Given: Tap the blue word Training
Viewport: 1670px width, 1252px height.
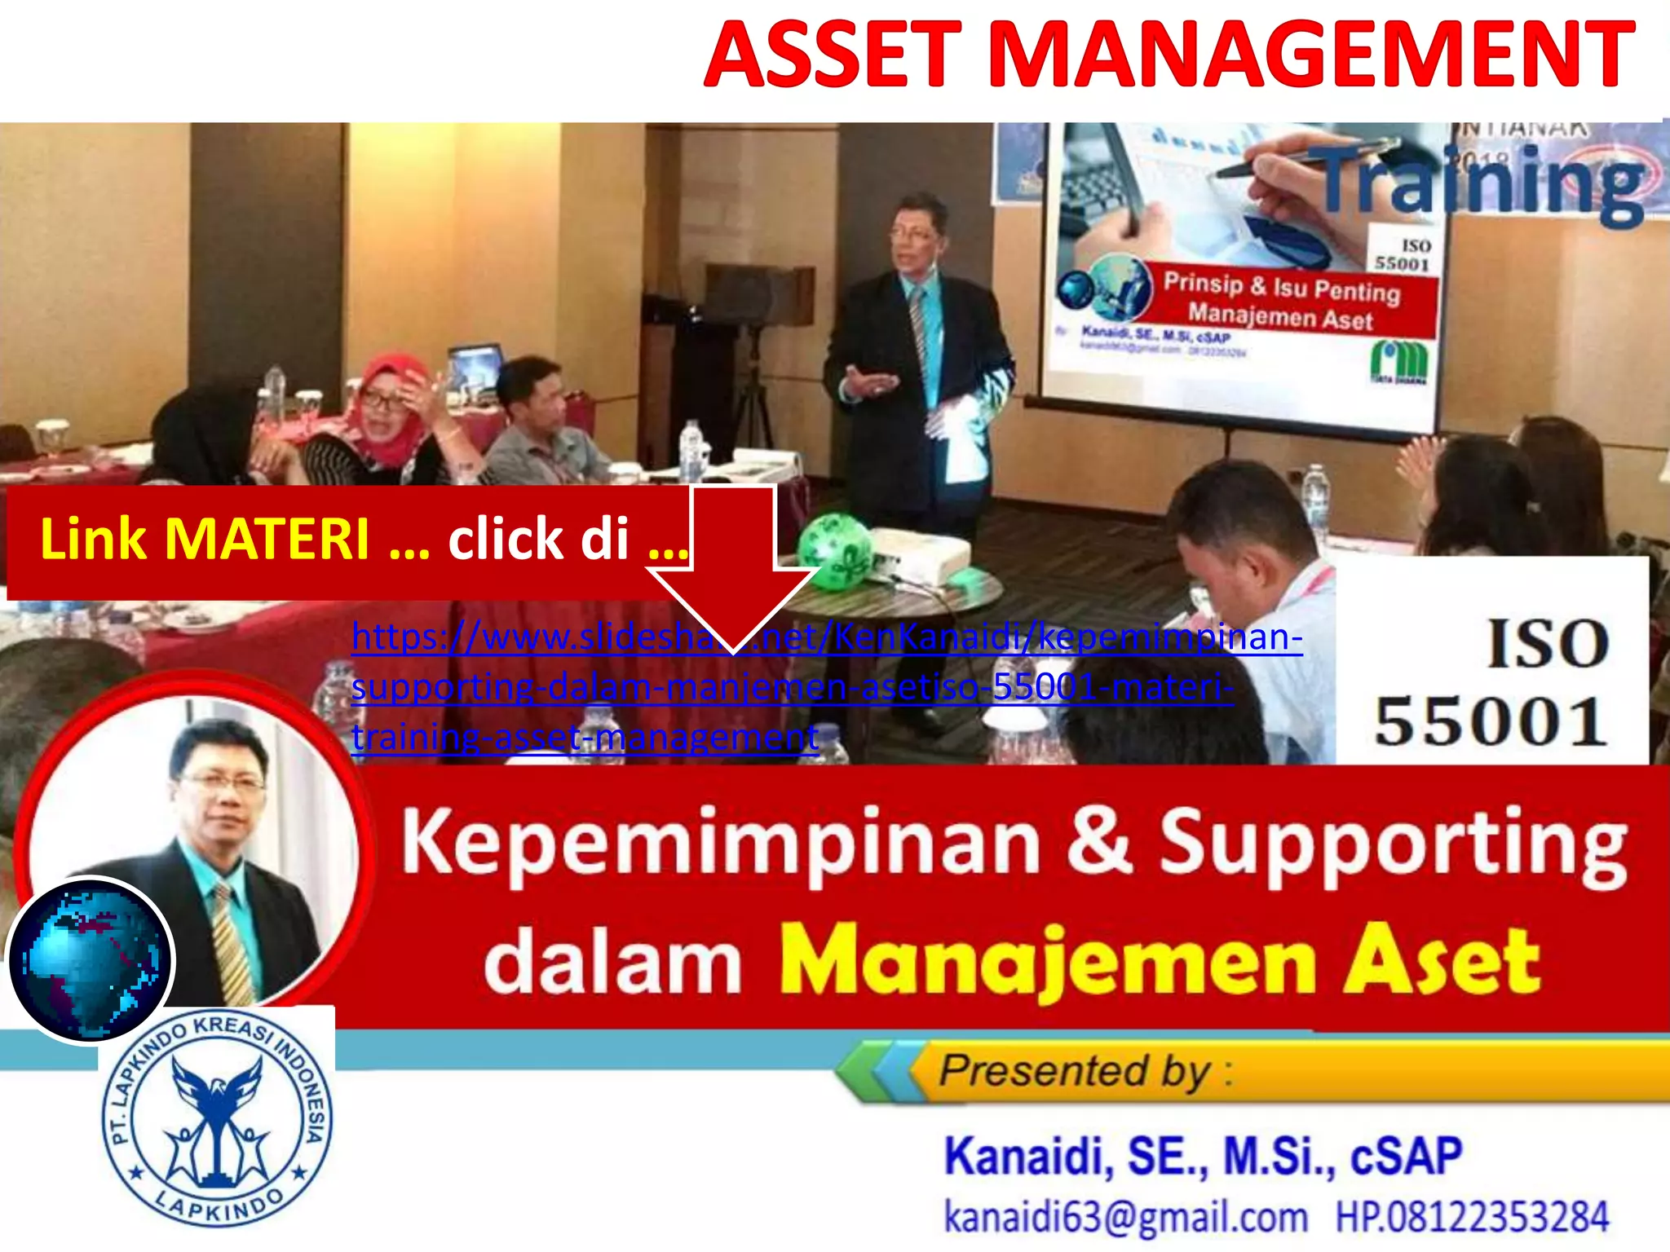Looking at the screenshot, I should (x=1480, y=183).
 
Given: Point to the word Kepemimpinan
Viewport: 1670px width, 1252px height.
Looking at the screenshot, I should (x=722, y=844).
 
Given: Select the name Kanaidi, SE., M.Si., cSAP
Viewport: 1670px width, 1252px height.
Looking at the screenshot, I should (x=1203, y=1156).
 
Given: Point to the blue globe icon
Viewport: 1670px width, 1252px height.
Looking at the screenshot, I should (x=90, y=960).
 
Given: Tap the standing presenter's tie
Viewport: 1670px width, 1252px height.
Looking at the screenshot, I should (x=920, y=326).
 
